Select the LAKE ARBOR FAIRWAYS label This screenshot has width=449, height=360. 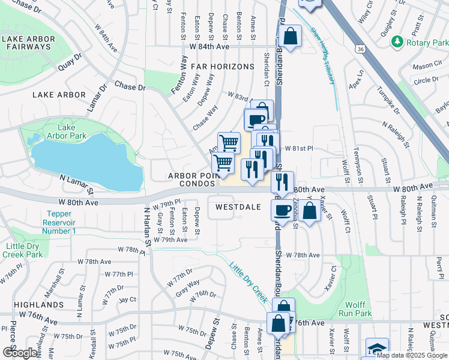[x=28, y=43]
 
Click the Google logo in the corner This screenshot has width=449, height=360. [x=20, y=353]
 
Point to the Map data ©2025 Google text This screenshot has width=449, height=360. [x=412, y=355]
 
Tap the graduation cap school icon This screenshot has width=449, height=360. [x=376, y=349]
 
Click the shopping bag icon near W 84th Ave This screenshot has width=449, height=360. [x=290, y=35]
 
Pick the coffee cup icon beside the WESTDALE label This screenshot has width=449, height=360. [x=282, y=209]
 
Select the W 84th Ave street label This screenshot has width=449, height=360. [x=209, y=46]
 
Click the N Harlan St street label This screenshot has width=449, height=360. [x=146, y=227]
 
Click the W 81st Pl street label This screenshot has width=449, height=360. [x=298, y=148]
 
